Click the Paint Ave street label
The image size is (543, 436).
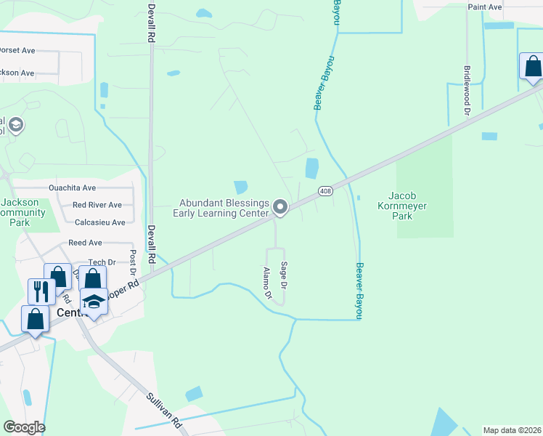point(485,7)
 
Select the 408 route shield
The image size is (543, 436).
point(324,191)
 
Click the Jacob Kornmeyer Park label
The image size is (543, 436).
point(407,206)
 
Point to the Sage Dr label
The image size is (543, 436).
point(284,276)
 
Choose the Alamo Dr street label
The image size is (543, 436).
point(266,283)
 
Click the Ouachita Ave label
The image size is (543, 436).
point(72,187)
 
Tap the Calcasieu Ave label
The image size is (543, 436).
point(99,222)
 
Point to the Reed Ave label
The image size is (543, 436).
point(85,243)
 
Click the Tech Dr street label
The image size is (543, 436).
point(102,262)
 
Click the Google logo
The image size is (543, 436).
point(24,427)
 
